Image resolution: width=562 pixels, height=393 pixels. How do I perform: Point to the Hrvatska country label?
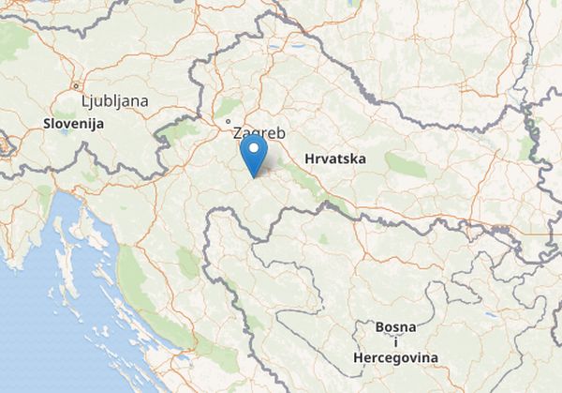[x=334, y=159]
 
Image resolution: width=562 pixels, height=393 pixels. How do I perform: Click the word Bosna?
[x=394, y=326]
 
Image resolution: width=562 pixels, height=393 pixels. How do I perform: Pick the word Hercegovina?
[x=396, y=358]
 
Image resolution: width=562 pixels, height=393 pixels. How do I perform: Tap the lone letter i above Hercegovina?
[x=395, y=342]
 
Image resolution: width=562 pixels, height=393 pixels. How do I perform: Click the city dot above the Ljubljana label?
[x=75, y=85]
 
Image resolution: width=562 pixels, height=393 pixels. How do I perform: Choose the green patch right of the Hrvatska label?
[x=405, y=165]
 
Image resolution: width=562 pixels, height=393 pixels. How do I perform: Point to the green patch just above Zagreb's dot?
[x=229, y=106]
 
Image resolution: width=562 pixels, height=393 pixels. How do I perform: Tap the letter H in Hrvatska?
[x=310, y=159]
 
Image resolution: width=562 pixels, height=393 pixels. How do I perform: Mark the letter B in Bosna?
[x=379, y=326]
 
